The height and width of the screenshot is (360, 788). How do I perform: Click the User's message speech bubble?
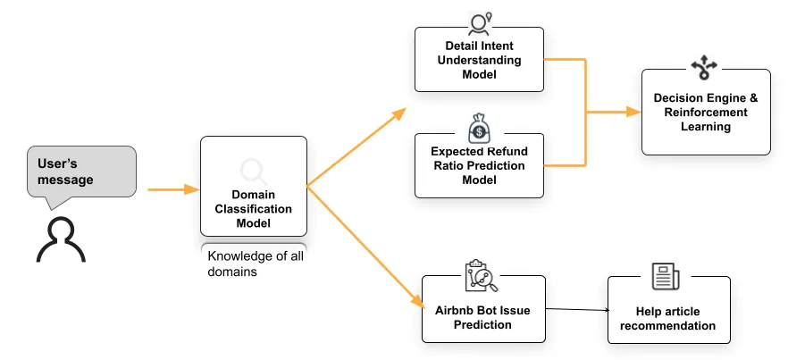tap(81, 172)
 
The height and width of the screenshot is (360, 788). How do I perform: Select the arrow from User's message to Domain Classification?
tap(172, 188)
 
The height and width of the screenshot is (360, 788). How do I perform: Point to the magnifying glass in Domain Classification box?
tap(254, 170)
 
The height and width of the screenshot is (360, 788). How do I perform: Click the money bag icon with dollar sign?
tap(480, 129)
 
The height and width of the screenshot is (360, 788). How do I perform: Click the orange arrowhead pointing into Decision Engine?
tap(634, 113)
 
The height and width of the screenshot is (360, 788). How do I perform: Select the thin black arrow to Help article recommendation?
tap(576, 311)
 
